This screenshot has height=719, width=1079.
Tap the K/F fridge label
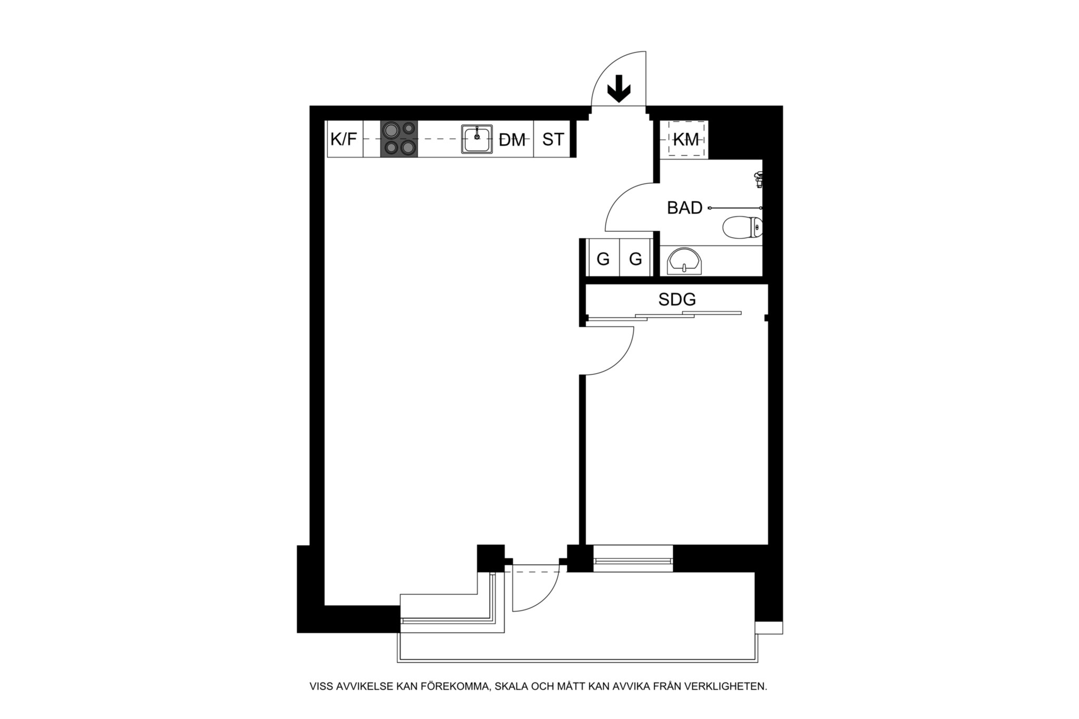344,139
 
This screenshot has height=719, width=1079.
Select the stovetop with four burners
399,139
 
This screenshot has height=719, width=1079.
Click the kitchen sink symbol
477,139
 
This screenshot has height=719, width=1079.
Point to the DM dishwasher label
513,140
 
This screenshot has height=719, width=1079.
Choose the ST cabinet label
553,139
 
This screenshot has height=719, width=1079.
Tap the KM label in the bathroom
686,140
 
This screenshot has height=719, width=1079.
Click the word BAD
685,208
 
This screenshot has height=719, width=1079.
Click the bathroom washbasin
685,262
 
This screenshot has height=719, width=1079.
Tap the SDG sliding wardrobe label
677,300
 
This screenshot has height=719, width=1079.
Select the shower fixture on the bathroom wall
759,179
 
